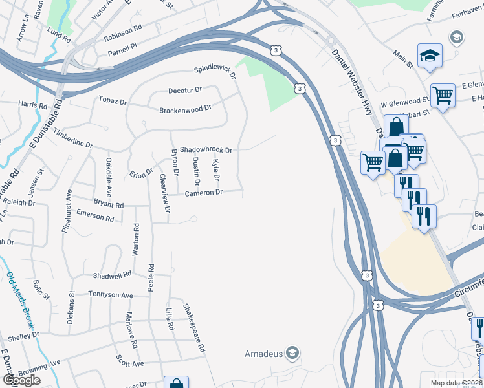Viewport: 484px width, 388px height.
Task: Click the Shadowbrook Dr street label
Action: coord(205,149)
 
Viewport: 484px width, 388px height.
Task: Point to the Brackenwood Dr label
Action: coord(185,109)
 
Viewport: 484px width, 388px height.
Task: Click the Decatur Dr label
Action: coord(185,90)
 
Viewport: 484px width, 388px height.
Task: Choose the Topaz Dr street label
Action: coord(113,102)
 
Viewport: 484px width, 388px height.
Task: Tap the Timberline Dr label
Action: coord(73,136)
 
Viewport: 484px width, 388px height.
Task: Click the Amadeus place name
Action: coord(263,354)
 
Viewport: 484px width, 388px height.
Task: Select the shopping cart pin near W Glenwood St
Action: coord(443,96)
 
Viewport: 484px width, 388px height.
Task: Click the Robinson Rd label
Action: coord(122,30)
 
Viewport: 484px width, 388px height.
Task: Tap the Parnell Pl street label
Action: coord(123,46)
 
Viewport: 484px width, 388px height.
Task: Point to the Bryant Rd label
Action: coord(108,204)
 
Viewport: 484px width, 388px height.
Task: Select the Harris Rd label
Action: coord(33,105)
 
